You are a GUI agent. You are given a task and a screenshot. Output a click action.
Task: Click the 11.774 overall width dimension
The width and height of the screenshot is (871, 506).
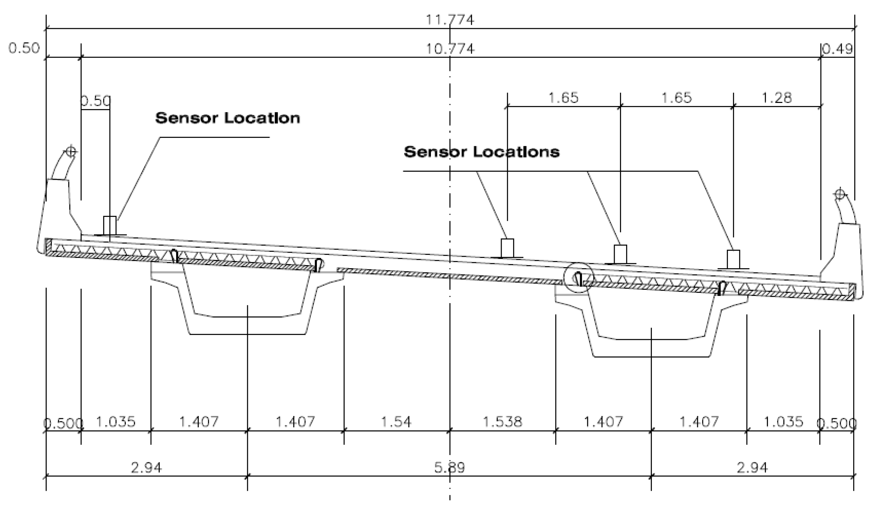coord(450,20)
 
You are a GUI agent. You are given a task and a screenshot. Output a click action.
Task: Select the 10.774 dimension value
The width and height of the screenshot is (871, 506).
coord(450,49)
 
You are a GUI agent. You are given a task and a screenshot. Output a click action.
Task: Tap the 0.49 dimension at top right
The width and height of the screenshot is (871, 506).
coord(838,49)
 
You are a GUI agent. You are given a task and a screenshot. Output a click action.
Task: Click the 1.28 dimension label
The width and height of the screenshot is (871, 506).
coord(777,98)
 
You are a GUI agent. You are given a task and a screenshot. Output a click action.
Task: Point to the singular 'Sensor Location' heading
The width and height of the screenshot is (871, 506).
coord(227,118)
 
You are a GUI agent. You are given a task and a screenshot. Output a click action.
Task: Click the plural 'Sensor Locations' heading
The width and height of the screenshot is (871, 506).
coord(482,152)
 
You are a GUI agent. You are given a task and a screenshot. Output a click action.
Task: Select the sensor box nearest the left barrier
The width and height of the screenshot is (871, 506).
coord(110,226)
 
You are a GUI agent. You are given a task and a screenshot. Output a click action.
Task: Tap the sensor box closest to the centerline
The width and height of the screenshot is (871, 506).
coord(507,248)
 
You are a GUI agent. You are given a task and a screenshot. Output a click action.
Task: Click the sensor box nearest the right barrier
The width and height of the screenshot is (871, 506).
coord(733,259)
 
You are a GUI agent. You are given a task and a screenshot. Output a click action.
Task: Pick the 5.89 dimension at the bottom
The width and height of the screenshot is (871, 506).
coord(450,467)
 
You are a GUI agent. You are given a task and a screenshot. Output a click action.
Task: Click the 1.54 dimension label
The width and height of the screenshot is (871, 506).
coord(396,422)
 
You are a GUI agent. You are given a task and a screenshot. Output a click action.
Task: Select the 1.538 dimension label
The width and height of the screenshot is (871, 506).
coord(502,422)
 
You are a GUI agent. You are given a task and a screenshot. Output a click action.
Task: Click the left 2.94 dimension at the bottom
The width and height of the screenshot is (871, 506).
coord(146,467)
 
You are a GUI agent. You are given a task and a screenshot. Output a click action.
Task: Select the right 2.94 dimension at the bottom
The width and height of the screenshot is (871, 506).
coord(752,467)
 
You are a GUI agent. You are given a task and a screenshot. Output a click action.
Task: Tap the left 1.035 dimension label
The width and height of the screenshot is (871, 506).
coord(116,422)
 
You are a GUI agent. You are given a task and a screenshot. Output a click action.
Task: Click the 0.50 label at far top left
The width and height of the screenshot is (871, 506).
coord(24,48)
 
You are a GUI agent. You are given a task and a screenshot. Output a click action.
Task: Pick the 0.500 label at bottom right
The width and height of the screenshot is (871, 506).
coord(837,423)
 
